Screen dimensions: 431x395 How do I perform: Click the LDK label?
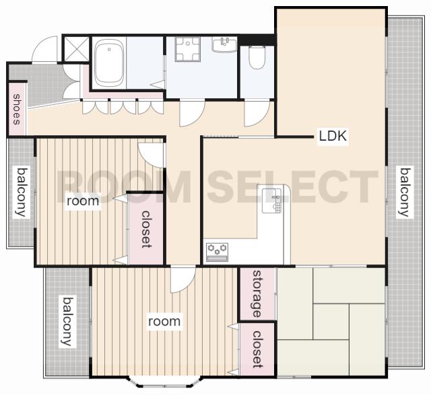pyautogui.click(x=333, y=136)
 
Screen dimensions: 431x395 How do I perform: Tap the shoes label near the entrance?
pyautogui.click(x=17, y=109)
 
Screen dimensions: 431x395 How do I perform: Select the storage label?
pyautogui.click(x=257, y=293)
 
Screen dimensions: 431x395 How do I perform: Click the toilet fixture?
pyautogui.click(x=257, y=57)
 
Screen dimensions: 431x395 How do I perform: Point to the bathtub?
pyautogui.click(x=109, y=63)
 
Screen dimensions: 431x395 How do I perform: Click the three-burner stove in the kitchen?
pyautogui.click(x=217, y=252)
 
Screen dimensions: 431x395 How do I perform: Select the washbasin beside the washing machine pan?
pyautogui.click(x=224, y=45)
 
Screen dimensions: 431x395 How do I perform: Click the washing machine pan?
pyautogui.click(x=188, y=49)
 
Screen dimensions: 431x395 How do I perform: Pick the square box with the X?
pyautogui.click(x=76, y=49)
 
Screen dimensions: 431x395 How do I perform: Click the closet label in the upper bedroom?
pyautogui.click(x=146, y=229)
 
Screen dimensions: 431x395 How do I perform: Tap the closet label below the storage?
pyautogui.click(x=257, y=349)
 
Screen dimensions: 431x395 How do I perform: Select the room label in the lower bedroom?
pyautogui.click(x=164, y=322)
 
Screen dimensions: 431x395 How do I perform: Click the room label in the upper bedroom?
pyautogui.click(x=83, y=201)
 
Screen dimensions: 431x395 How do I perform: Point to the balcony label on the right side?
pyautogui.click(x=405, y=192)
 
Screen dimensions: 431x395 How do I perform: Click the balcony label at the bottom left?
pyautogui.click(x=68, y=321)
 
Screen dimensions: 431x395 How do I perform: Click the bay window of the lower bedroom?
pyautogui.click(x=165, y=382)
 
